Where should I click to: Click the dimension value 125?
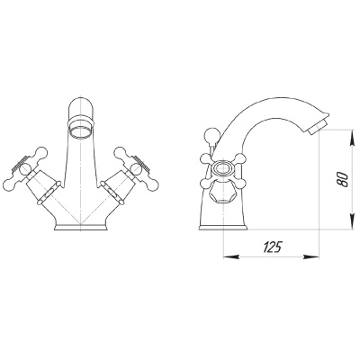pos(273,247)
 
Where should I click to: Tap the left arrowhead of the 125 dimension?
pos(231,257)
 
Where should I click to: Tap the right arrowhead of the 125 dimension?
pos(311,257)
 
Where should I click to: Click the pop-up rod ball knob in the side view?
pos(212,135)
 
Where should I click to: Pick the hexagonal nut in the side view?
pos(221,193)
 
